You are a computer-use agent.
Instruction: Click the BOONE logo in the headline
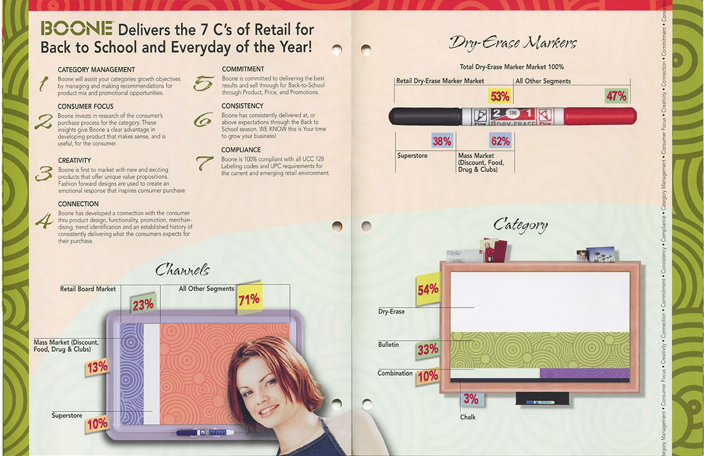click(76, 29)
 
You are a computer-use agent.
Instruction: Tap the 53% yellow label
click(500, 96)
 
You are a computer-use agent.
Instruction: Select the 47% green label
click(617, 96)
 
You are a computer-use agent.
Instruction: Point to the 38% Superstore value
click(442, 141)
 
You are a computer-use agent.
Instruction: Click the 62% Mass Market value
click(500, 140)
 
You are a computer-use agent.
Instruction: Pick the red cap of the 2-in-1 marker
click(600, 116)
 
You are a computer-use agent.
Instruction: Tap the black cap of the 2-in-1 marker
click(426, 116)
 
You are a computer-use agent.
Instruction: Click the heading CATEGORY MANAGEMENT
click(96, 70)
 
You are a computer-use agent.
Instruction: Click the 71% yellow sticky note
click(249, 299)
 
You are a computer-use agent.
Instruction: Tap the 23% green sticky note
click(144, 304)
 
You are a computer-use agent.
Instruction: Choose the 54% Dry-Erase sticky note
click(428, 289)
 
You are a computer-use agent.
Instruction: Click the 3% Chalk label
click(471, 399)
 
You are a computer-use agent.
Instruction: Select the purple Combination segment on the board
click(585, 373)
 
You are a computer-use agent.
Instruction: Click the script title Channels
click(182, 270)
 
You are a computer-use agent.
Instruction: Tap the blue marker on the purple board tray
click(205, 432)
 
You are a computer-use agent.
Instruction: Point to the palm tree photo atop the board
click(600, 255)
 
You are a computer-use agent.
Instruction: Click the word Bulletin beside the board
click(388, 345)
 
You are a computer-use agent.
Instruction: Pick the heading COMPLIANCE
click(241, 150)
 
